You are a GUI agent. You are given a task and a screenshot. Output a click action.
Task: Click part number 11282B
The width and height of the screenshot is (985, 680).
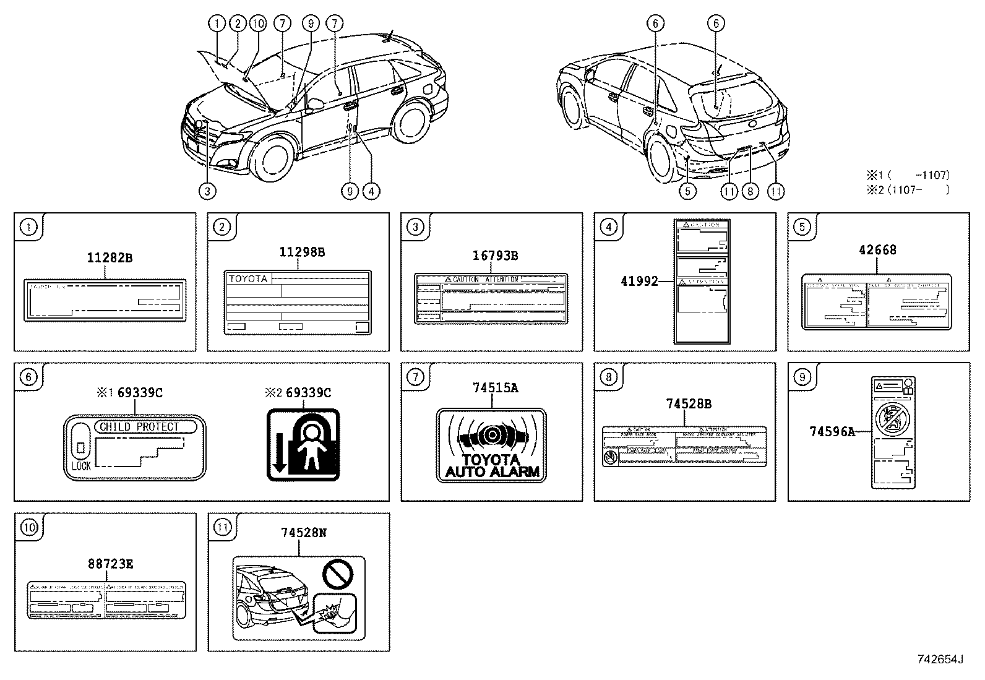(109, 257)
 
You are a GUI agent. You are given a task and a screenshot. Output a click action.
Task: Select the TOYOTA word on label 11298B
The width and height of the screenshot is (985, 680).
(249, 279)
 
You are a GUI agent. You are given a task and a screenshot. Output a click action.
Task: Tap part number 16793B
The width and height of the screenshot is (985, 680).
(495, 256)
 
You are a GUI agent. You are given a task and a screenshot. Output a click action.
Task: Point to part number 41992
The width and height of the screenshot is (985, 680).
(639, 281)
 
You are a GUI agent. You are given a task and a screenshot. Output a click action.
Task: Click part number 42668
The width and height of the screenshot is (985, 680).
(877, 250)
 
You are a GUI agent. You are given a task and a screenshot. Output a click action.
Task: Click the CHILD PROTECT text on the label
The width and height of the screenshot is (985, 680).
(139, 427)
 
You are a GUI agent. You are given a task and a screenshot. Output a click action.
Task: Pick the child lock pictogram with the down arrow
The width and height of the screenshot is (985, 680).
(303, 445)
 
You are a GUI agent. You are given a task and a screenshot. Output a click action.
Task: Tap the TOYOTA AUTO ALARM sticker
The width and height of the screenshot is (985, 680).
(492, 445)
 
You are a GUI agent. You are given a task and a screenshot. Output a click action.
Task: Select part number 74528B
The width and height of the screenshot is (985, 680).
(688, 404)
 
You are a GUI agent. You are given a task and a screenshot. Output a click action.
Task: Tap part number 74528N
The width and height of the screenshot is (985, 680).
(303, 532)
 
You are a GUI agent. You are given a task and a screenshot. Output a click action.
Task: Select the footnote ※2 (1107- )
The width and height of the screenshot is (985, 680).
(908, 191)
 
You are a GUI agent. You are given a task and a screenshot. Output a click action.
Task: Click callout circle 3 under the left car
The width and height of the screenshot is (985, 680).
(207, 191)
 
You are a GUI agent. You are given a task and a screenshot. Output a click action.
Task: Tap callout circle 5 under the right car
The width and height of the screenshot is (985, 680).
(687, 191)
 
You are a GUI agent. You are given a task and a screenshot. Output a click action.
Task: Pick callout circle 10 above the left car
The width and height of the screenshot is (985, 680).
(257, 24)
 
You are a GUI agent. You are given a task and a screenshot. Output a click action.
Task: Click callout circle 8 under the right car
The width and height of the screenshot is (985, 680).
(750, 191)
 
